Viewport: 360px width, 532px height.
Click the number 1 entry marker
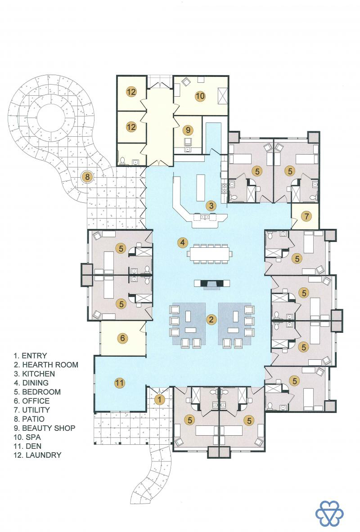point(159,399)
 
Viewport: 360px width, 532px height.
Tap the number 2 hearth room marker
point(211,319)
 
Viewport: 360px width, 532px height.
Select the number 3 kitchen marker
point(211,205)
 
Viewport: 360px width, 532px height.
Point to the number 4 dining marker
point(183,242)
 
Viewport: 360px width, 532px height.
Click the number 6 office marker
point(122,338)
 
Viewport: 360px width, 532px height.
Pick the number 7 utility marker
point(306,216)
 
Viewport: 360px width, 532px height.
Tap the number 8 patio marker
point(88,177)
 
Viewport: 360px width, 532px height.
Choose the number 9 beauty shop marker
point(188,130)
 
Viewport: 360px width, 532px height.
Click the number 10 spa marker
point(200,96)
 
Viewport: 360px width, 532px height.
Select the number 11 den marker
point(119,383)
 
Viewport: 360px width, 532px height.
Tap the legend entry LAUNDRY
point(44,455)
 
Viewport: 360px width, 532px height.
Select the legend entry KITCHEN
point(38,374)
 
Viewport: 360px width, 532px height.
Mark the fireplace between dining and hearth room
point(211,284)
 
